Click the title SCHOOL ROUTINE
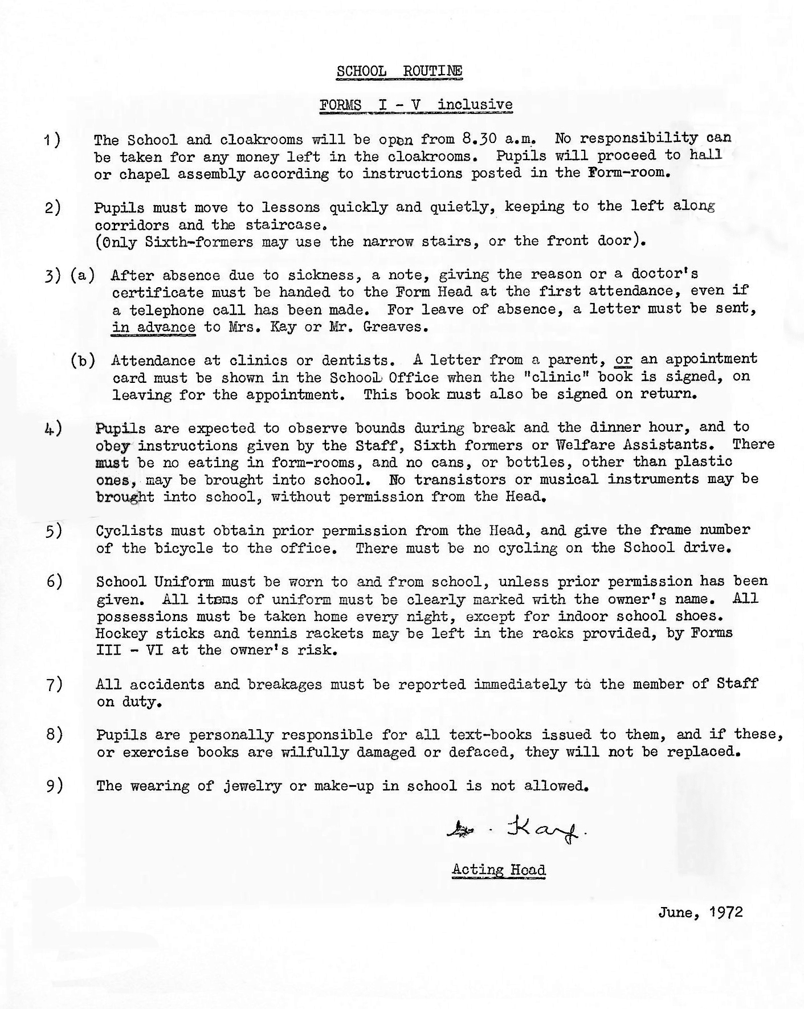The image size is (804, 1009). [x=399, y=71]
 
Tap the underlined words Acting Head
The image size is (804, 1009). [x=499, y=870]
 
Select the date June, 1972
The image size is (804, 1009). [x=700, y=912]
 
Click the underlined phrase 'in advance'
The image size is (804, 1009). [x=154, y=327]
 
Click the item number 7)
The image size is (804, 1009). [x=54, y=684]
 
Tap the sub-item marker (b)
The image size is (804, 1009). [x=83, y=360]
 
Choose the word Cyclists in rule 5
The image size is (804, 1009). [x=129, y=531]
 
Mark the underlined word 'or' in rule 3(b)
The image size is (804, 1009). [x=623, y=360]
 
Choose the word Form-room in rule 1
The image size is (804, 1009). [x=627, y=172]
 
